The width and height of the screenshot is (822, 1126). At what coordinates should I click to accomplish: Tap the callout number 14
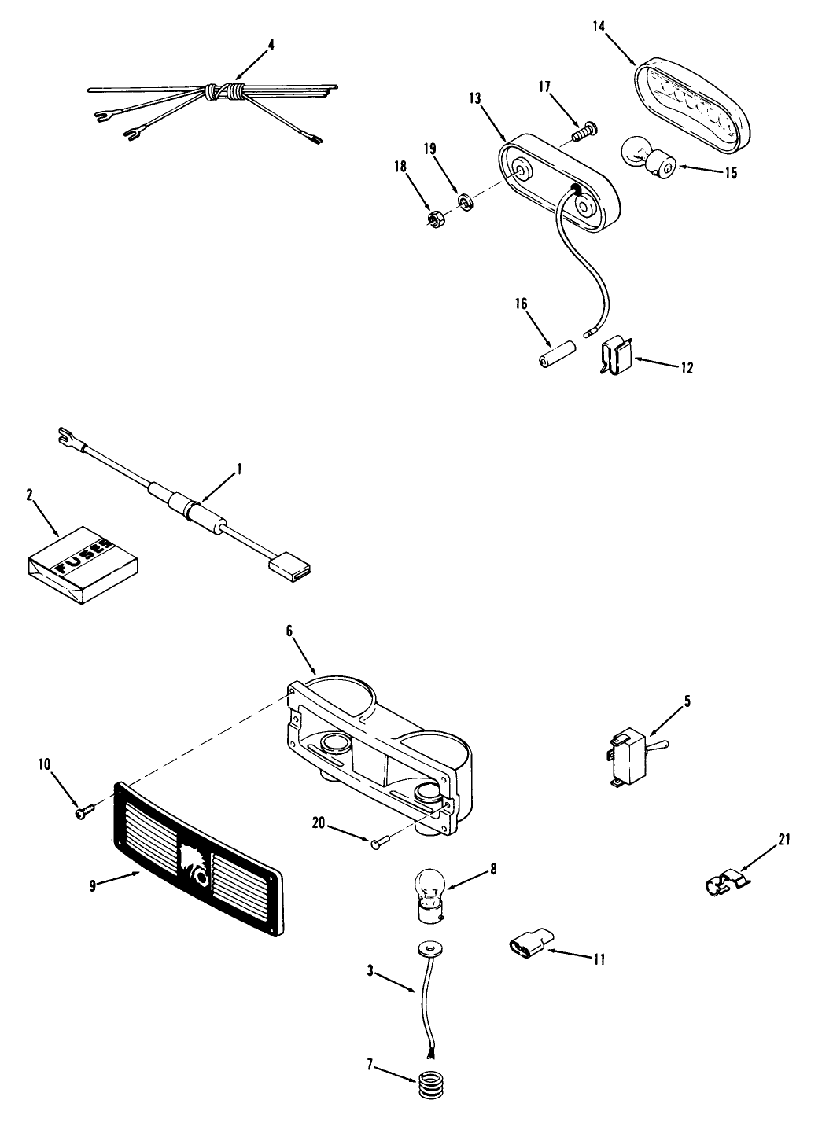[599, 28]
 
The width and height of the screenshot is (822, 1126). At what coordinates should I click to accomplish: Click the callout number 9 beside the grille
[93, 886]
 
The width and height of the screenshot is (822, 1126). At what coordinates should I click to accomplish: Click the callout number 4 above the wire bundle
[271, 45]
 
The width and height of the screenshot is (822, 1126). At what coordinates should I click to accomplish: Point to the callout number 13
[474, 98]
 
